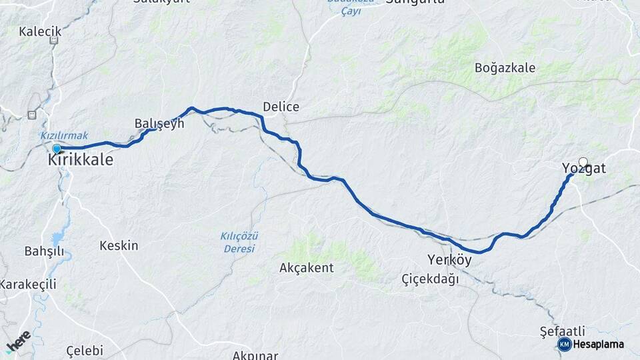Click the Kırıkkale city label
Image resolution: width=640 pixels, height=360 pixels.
(81, 161)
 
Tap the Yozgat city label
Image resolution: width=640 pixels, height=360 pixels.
(584, 169)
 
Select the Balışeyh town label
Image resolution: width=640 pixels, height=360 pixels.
(159, 123)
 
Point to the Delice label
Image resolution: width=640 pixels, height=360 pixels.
(281, 107)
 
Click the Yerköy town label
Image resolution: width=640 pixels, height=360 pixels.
(450, 260)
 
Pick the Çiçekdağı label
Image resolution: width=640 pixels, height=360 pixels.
(431, 279)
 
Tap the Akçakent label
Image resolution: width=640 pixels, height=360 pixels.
(307, 267)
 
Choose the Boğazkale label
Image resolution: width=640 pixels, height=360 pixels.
(503, 67)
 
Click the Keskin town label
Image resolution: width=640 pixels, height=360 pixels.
(119, 245)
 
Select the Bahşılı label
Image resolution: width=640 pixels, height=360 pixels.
(43, 251)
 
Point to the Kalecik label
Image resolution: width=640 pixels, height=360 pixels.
(40, 31)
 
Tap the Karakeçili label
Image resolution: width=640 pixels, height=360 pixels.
(28, 284)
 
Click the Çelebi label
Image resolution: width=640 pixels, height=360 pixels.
(85, 351)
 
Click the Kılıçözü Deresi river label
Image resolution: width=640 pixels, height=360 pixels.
(239, 242)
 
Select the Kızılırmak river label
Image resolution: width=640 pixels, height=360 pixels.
(64, 135)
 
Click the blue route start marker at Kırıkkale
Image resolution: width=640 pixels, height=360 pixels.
(57, 148)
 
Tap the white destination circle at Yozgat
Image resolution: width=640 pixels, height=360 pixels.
(583, 161)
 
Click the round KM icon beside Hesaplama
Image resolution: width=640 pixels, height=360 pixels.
(565, 344)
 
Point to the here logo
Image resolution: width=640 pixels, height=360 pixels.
(18, 341)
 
